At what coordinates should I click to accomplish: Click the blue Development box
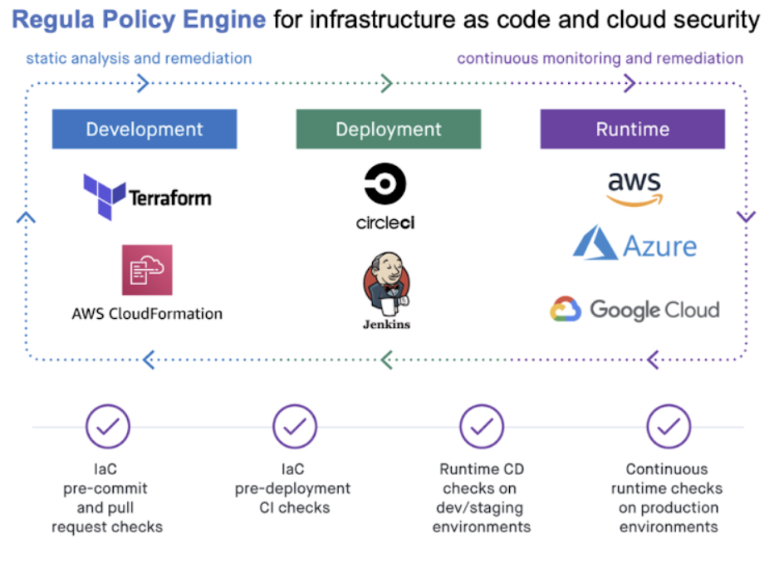tap(145, 129)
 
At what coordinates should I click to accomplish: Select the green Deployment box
tap(389, 129)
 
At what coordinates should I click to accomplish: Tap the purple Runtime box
tap(633, 129)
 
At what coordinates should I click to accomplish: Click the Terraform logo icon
tap(105, 197)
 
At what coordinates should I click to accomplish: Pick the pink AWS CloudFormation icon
tap(147, 270)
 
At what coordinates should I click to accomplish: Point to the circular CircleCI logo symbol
tap(385, 184)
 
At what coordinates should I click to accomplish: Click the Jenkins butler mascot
tap(386, 284)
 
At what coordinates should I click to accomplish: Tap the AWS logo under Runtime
tap(634, 189)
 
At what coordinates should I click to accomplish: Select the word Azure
tap(659, 246)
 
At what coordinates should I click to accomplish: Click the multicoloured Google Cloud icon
tap(566, 309)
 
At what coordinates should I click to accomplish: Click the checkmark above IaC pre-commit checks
tap(108, 426)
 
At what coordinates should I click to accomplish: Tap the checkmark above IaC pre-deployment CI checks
tap(295, 426)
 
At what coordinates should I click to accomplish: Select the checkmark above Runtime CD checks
tap(482, 426)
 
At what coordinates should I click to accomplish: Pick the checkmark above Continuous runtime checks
tap(669, 426)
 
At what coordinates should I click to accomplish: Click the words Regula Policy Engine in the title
tap(139, 20)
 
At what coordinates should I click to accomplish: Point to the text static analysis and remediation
tap(139, 58)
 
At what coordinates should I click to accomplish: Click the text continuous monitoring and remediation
tap(600, 58)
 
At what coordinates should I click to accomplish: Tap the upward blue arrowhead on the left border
tap(26, 218)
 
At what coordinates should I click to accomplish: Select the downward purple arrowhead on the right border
tap(746, 217)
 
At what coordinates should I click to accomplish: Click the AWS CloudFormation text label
tap(147, 314)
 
